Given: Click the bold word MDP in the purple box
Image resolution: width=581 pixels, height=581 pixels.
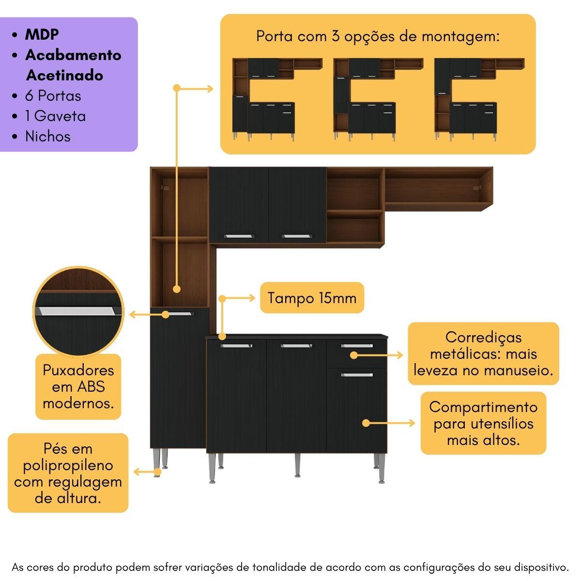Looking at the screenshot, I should pos(42,34).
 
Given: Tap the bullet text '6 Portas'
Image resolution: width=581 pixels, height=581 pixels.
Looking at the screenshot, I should pos(53,95).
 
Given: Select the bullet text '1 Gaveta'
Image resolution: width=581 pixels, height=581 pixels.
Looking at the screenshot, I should pos(55,116).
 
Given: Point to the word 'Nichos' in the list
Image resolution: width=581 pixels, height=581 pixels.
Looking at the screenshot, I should pos(47,137).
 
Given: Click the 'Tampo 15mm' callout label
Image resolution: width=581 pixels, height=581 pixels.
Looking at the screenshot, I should pos(312,298).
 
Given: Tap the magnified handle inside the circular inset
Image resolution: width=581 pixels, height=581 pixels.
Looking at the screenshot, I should pos(78,311).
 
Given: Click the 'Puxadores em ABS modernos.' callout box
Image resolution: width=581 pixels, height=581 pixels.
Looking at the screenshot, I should pos(78,386).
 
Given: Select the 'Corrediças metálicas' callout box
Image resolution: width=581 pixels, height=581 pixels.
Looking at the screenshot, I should pos(483,354).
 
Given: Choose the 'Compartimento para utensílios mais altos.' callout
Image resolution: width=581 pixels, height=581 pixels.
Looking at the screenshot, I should pos(483,423).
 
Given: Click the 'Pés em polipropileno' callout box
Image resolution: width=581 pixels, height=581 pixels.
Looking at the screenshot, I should pos(68,473).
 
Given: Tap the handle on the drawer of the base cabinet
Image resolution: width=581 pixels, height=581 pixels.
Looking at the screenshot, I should pos(357,346).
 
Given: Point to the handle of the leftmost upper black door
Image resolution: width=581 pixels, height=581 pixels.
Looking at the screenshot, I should pos(239,236).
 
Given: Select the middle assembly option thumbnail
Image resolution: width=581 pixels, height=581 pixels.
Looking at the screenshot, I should pos(378,99).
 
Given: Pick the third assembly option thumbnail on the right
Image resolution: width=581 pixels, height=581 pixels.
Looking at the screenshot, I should pos(479,99).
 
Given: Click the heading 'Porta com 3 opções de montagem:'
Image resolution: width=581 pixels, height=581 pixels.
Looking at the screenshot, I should pos(378,36).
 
